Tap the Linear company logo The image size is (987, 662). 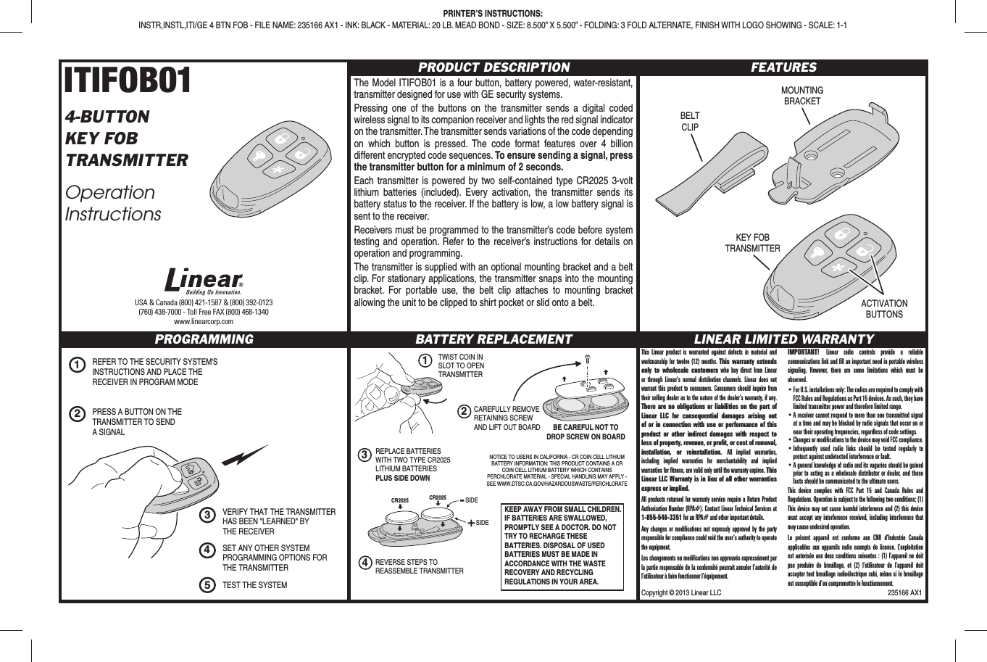(x=204, y=281)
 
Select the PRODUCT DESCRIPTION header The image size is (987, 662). (x=493, y=67)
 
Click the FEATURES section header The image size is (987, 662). (x=783, y=67)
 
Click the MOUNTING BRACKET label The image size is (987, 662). (x=801, y=96)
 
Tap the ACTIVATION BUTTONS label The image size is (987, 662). (x=884, y=309)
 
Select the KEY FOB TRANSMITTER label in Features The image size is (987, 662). (x=752, y=243)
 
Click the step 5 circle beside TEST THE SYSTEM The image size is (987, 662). (x=207, y=585)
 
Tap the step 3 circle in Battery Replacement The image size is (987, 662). (x=366, y=455)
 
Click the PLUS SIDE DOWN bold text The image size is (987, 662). (x=402, y=478)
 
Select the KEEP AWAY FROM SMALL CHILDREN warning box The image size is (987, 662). (x=563, y=545)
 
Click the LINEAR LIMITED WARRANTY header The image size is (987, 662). (x=783, y=339)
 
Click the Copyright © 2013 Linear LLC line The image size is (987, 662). (x=681, y=592)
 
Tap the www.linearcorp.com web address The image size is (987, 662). (x=204, y=321)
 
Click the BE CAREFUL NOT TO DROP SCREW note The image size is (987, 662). (x=586, y=432)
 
